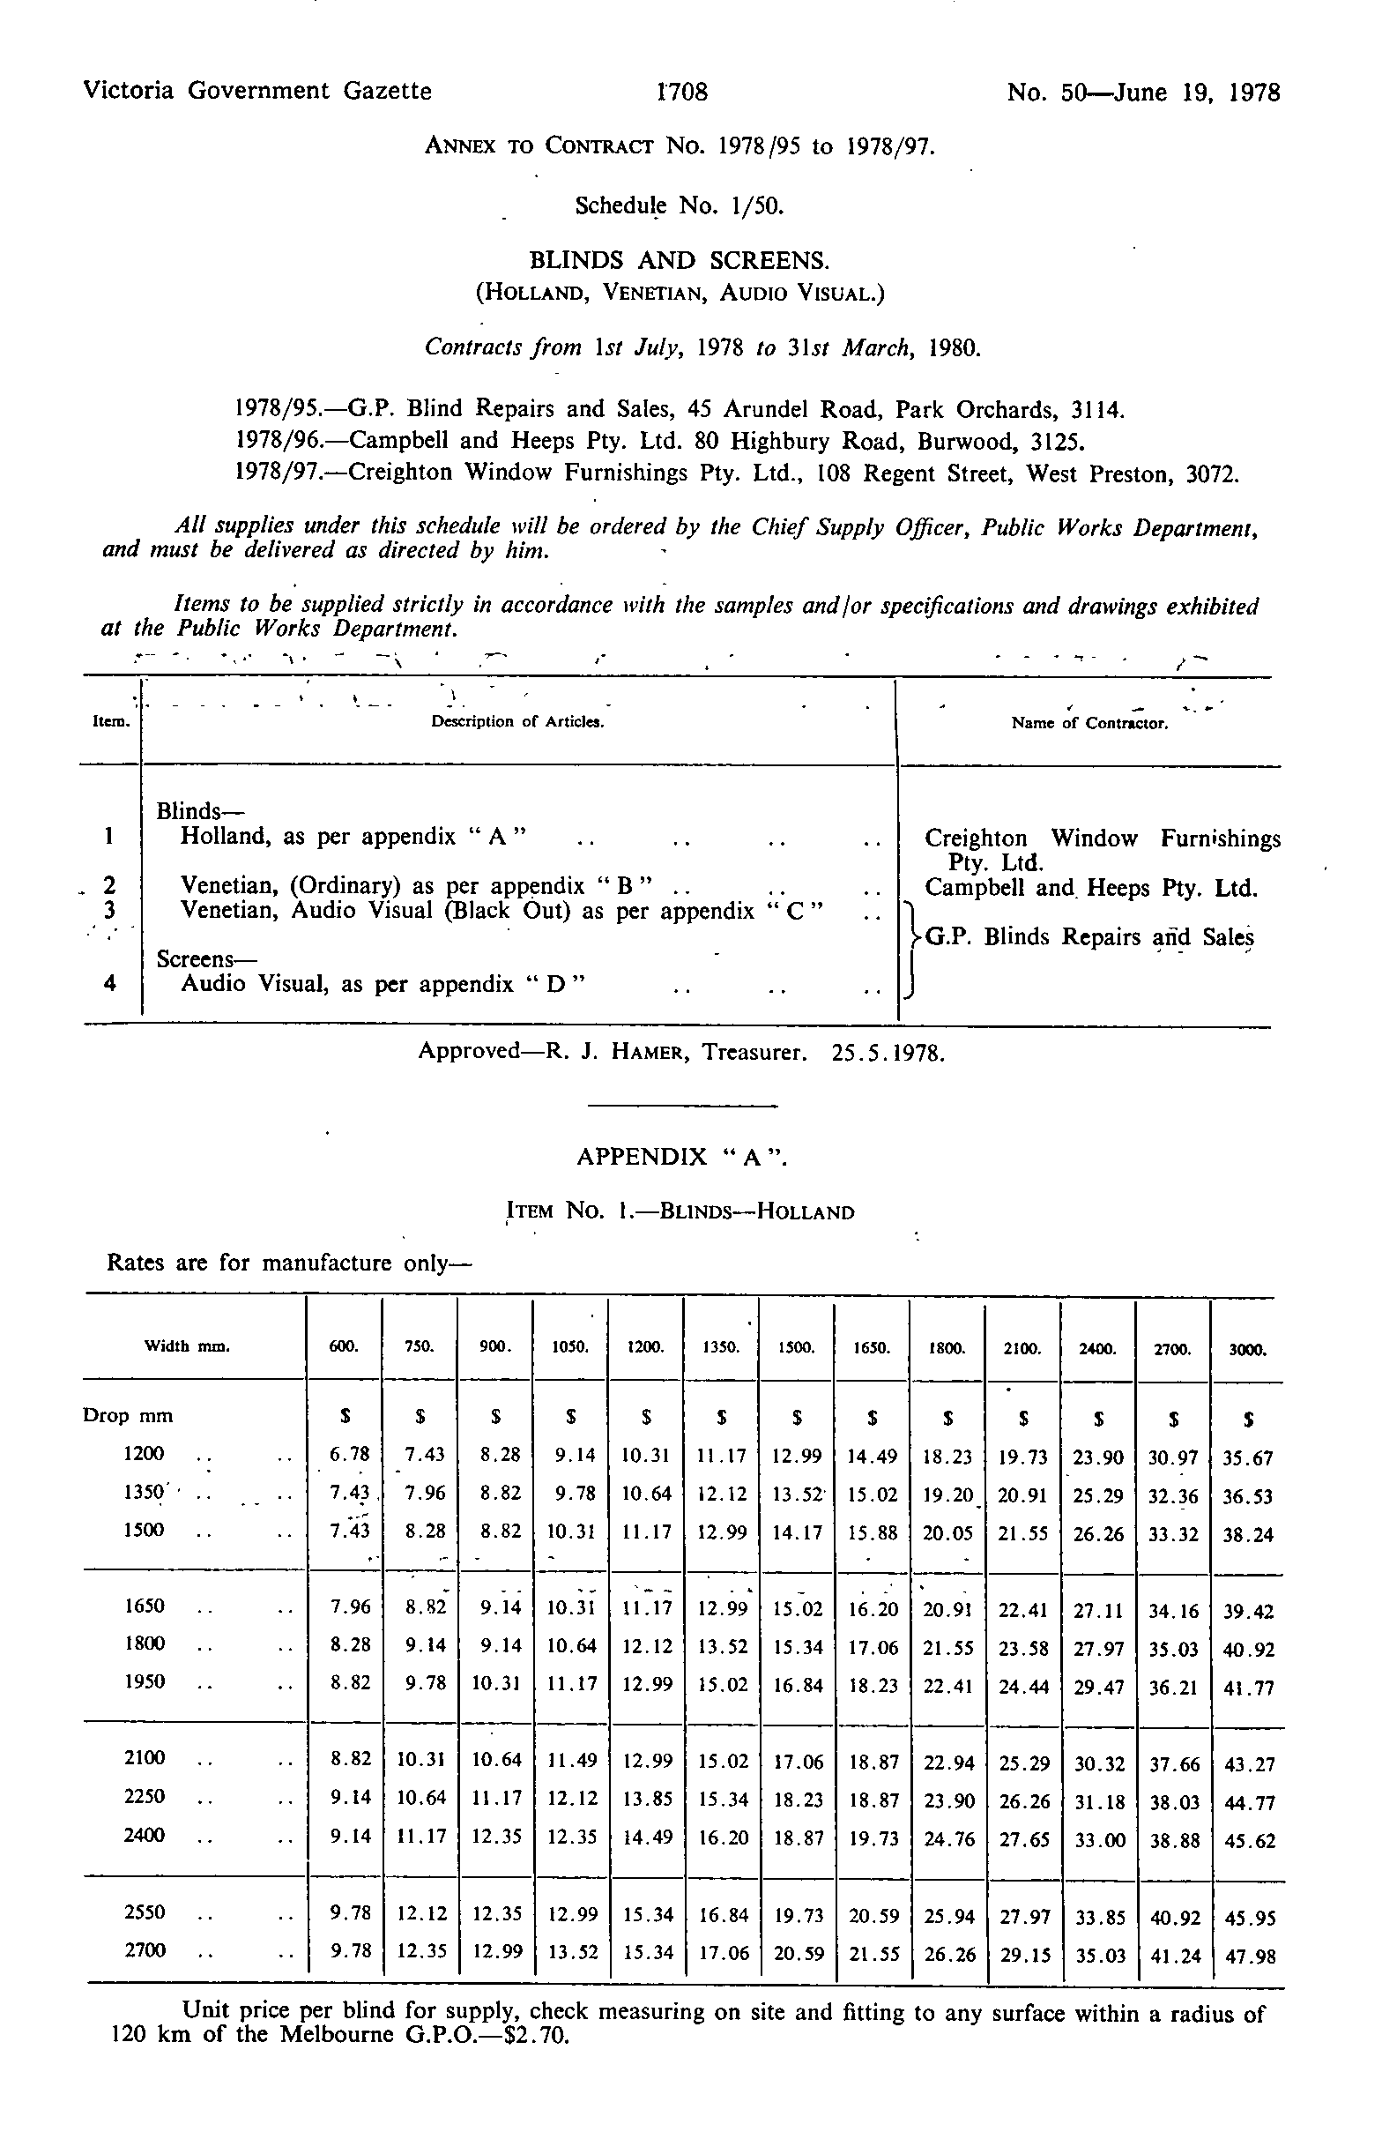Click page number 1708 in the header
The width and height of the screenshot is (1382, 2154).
pos(683,92)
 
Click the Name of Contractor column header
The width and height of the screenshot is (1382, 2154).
pos(1089,722)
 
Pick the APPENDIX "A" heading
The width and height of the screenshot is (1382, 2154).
pos(682,1156)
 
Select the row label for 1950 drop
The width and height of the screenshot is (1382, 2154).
pos(145,1681)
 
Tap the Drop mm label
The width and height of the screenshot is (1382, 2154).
pos(129,1416)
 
